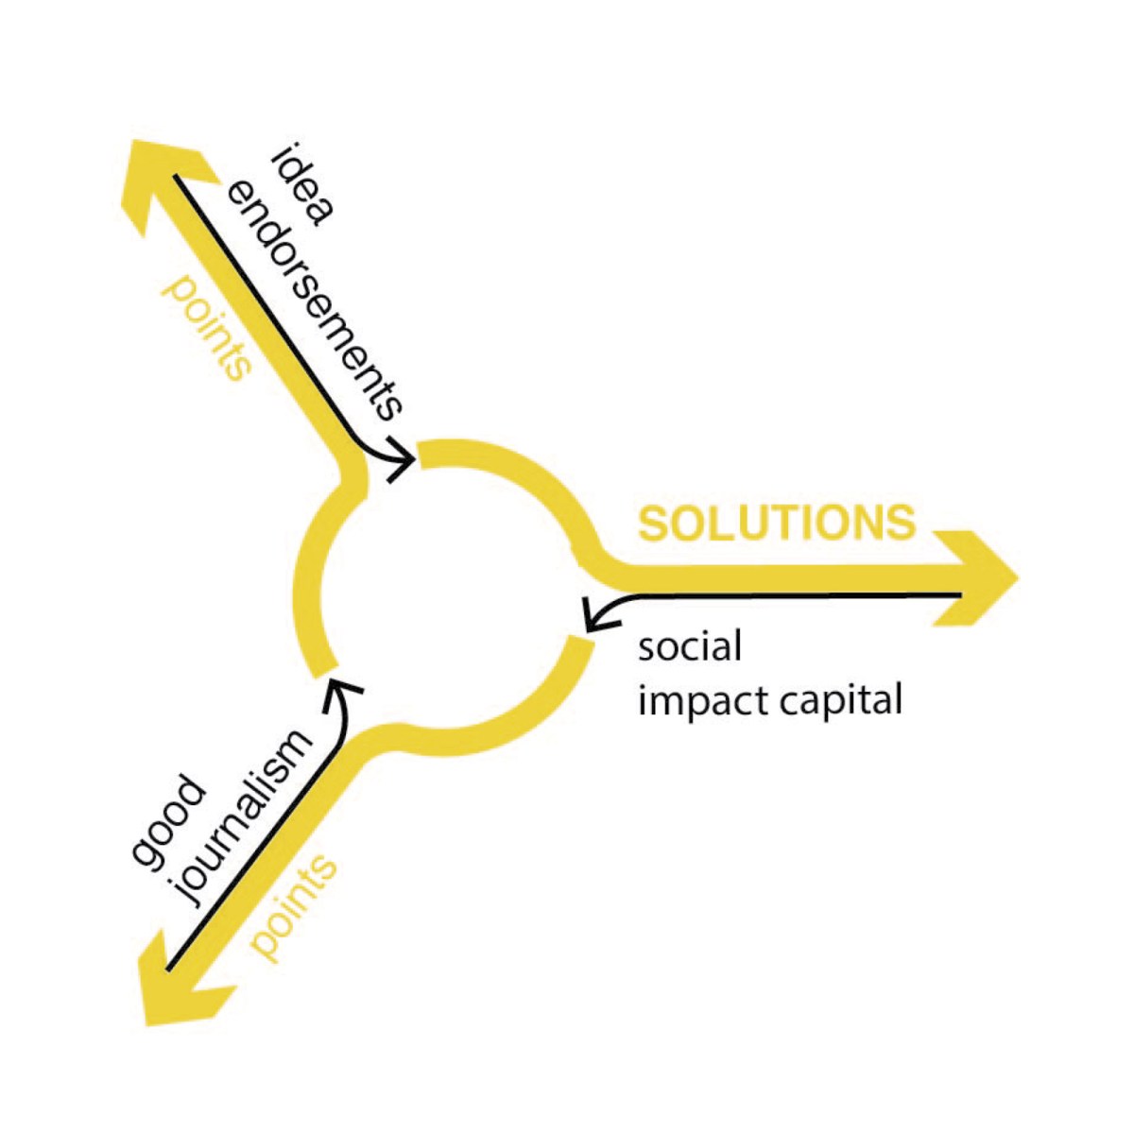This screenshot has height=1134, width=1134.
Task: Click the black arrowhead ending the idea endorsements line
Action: coord(403,459)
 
